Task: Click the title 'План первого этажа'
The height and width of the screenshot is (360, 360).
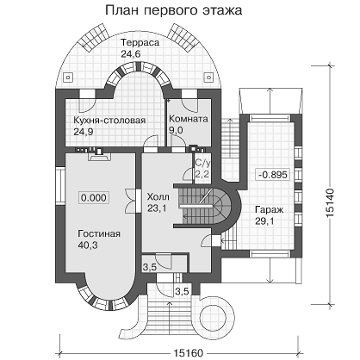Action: pyautogui.click(x=174, y=10)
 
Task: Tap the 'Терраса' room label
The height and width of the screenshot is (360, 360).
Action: pyautogui.click(x=140, y=42)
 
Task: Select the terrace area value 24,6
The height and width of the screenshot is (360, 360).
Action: pyautogui.click(x=131, y=53)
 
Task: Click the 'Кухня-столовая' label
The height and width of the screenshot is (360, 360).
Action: pyautogui.click(x=109, y=120)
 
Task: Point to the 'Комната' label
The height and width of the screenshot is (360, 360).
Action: pyautogui.click(x=189, y=119)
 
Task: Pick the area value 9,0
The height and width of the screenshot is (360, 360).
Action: pyautogui.click(x=176, y=130)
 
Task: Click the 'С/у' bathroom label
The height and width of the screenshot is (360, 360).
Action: pyautogui.click(x=202, y=163)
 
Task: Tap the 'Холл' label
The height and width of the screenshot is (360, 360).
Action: pyautogui.click(x=158, y=197)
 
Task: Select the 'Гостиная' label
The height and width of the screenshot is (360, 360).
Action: pyautogui.click(x=99, y=233)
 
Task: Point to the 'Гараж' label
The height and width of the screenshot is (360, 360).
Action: pyautogui.click(x=270, y=209)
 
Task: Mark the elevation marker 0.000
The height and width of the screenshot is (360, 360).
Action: pyautogui.click(x=94, y=198)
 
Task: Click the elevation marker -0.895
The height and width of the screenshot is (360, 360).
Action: pyautogui.click(x=272, y=175)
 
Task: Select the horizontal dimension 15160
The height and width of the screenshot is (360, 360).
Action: pyautogui.click(x=188, y=353)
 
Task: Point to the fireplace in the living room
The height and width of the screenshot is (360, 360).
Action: pyautogui.click(x=99, y=156)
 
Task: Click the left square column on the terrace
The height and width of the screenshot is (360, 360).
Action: pyautogui.click(x=68, y=78)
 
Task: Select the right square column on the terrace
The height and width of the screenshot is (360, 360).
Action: pyautogui.click(x=208, y=78)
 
